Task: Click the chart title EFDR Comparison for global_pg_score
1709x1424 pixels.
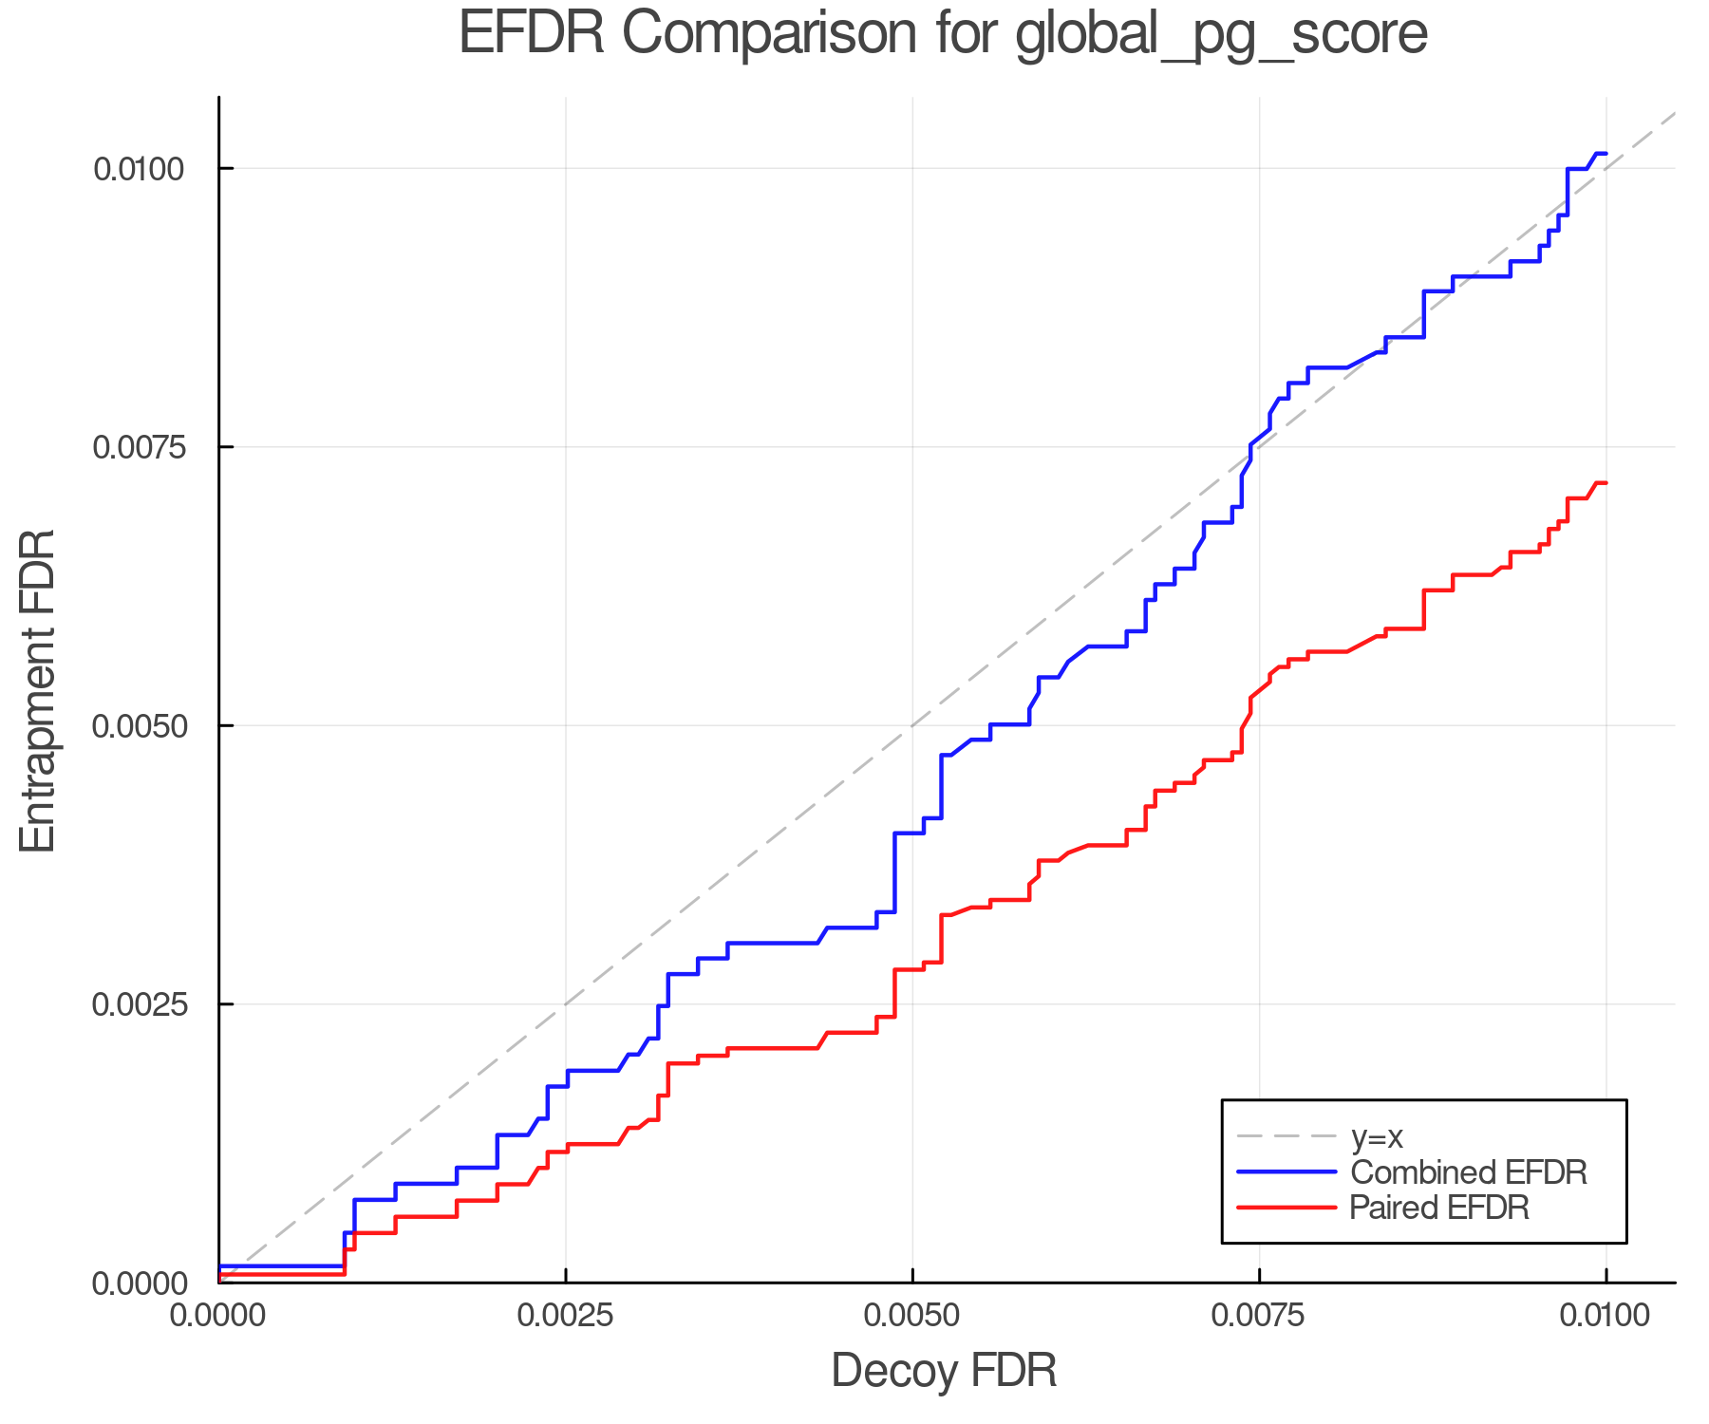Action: [x=943, y=34]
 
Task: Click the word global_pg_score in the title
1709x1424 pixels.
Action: [x=1221, y=36]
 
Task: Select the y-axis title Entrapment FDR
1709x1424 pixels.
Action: [x=39, y=690]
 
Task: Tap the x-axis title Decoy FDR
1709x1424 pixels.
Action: [x=944, y=1371]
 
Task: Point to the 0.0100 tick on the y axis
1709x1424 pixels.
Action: [x=138, y=170]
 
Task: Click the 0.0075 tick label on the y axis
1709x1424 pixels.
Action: [x=138, y=448]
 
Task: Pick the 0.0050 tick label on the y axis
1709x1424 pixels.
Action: [x=138, y=727]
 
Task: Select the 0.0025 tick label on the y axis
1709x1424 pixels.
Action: [x=138, y=1005]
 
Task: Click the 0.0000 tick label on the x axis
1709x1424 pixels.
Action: [x=218, y=1317]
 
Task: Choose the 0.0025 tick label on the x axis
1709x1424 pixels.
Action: [x=566, y=1317]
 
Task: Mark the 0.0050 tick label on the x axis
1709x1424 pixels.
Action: [x=912, y=1317]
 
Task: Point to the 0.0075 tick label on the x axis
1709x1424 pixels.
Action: [x=1260, y=1317]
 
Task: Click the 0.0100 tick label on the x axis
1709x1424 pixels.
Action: [x=1606, y=1317]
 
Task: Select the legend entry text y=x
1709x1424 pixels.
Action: [x=1377, y=1137]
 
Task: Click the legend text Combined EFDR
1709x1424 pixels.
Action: [x=1468, y=1172]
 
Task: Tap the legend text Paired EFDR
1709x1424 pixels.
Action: [x=1439, y=1208]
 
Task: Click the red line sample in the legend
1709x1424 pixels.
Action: [x=1287, y=1208]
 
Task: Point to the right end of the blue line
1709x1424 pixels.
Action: [x=1606, y=153]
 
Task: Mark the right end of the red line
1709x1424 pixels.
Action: [x=1606, y=483]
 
